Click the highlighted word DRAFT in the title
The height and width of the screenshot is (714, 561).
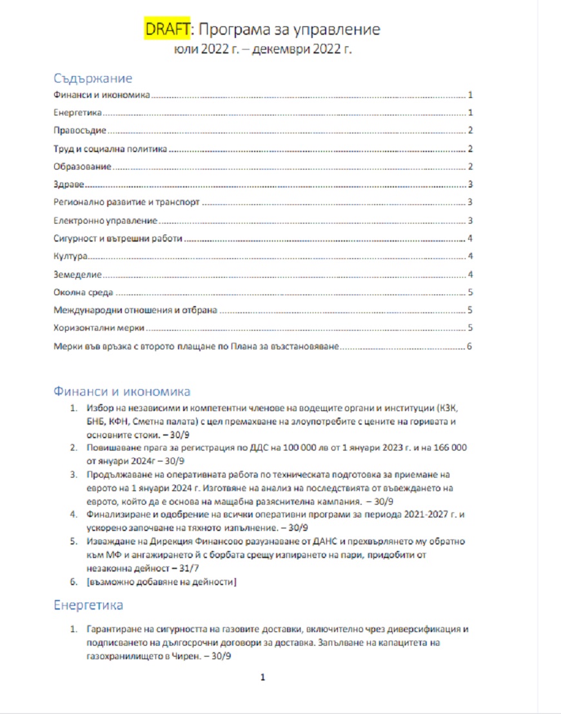166,30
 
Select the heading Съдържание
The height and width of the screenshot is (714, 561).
93,79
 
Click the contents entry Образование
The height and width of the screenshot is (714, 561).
83,167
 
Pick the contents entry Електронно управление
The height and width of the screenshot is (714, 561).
106,221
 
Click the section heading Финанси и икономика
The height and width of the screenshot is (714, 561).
122,392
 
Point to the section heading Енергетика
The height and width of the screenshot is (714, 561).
88,606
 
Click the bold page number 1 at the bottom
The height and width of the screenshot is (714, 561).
262,677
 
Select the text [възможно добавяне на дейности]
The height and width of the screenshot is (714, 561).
161,583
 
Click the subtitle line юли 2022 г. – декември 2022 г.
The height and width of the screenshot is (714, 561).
262,50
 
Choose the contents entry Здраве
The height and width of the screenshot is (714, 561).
69,185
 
